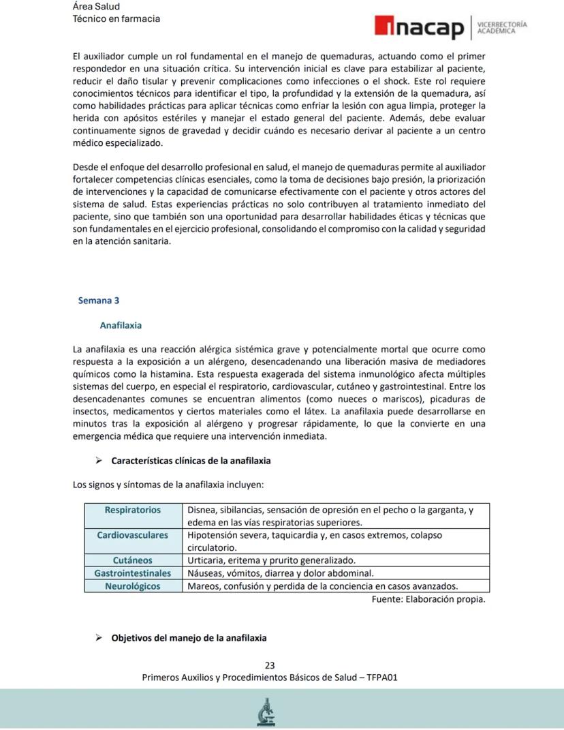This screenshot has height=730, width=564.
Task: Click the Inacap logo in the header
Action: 418,27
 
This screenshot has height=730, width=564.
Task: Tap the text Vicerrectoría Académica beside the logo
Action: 502,27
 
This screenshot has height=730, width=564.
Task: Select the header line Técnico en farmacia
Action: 116,18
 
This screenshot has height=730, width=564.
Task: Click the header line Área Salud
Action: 96,6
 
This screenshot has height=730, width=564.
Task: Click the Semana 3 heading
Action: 99,300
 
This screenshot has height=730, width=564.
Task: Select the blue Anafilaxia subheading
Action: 121,325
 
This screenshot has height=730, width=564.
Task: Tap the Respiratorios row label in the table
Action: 133,510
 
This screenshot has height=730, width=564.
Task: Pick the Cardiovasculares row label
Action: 133,535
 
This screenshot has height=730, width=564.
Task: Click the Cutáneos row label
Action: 133,560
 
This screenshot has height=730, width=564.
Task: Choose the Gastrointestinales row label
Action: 133,573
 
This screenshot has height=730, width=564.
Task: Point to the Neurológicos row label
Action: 133,586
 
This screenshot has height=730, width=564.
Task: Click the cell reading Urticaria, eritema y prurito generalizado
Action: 271,560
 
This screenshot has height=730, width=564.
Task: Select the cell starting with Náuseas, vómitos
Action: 281,573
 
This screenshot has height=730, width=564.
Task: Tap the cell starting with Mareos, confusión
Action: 322,586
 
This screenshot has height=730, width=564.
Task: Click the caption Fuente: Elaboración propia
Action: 428,599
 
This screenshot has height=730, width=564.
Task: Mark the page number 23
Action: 270,665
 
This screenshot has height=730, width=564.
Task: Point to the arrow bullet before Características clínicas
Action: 98,461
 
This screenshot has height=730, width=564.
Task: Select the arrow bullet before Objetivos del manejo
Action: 98,638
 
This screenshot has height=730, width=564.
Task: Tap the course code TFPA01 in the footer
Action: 382,678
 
